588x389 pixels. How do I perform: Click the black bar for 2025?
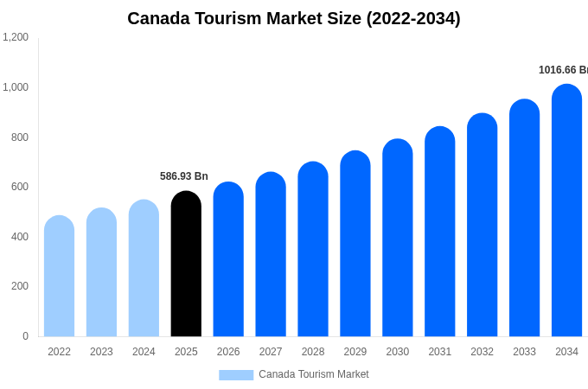[x=186, y=264]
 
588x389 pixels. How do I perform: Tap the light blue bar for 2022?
[x=59, y=276]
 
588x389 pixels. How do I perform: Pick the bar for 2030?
[x=397, y=238]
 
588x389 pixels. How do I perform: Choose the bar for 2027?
[x=271, y=254]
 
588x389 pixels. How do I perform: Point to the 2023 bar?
[x=101, y=272]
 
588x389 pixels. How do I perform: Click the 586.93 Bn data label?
[x=183, y=176]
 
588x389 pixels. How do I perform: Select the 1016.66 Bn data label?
[x=563, y=70]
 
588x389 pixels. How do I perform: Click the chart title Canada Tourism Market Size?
[x=294, y=18]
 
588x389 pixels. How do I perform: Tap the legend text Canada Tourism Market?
[x=313, y=374]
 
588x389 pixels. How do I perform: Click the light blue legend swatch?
[x=236, y=375]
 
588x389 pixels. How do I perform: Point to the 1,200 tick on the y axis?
[x=16, y=37]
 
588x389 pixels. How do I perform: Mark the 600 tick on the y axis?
[x=19, y=187]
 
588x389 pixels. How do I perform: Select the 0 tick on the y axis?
[x=25, y=336]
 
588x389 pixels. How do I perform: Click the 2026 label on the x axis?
[x=228, y=352]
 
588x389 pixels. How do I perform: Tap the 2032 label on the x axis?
[x=482, y=352]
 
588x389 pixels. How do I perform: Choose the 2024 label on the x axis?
[x=144, y=352]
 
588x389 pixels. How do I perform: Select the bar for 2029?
[x=355, y=244]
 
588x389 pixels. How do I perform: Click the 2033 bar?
[x=524, y=218]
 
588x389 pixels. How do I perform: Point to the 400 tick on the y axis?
[x=19, y=237]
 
